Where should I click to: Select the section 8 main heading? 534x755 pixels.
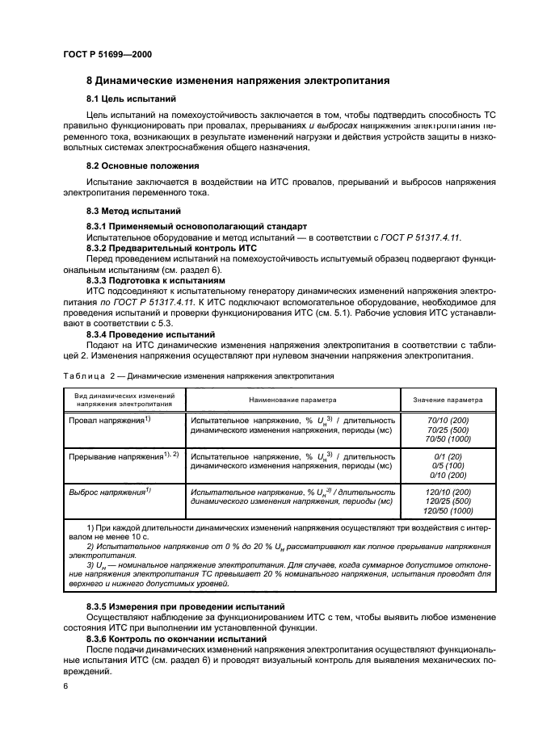pyautogui.click(x=238, y=81)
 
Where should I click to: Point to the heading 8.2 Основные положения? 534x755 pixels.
pyautogui.click(x=138, y=165)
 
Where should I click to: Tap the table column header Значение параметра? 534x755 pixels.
pyautogui.click(x=448, y=399)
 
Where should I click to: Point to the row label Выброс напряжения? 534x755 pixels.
pyautogui.click(x=110, y=492)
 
